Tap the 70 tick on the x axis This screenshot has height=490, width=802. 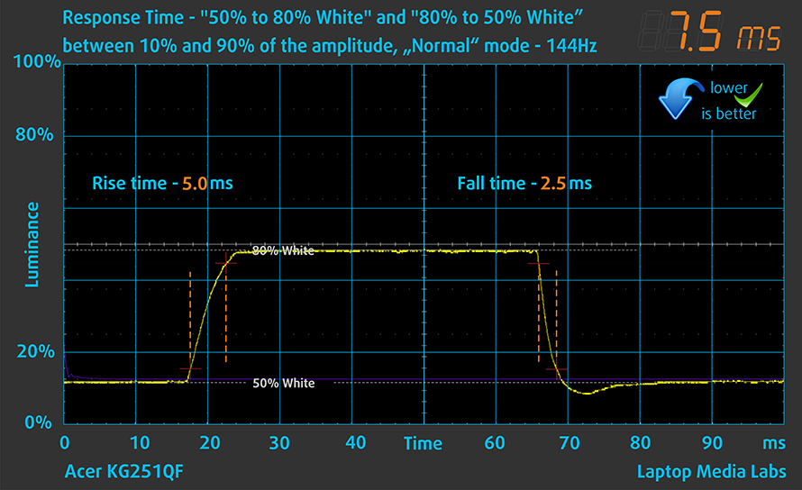tap(569, 443)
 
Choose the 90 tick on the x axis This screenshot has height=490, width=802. tap(713, 443)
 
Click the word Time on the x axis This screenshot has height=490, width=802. tap(423, 443)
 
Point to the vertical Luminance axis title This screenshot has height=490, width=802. tap(32, 244)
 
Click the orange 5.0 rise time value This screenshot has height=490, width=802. tap(195, 184)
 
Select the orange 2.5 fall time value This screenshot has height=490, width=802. tap(554, 184)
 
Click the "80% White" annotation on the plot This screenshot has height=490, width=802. tap(283, 251)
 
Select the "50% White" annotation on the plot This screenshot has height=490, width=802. tap(283, 383)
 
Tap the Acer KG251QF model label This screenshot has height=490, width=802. tap(127, 472)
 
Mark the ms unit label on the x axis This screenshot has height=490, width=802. tap(773, 443)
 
